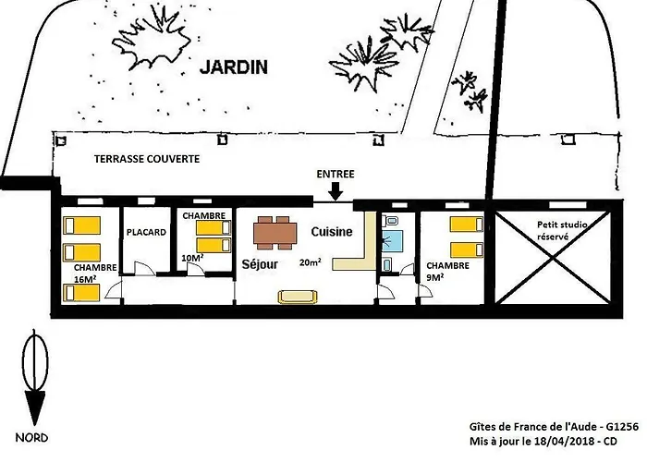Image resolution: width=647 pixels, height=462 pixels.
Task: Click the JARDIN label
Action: point(234,67)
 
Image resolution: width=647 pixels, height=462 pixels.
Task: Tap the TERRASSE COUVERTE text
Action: point(147,159)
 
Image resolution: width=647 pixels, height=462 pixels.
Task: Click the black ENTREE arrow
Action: point(336,190)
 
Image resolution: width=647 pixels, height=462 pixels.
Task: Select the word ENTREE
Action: point(336,174)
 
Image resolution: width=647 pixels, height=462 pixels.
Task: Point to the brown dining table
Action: point(275,233)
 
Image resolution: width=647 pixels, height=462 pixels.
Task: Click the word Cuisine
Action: point(332,232)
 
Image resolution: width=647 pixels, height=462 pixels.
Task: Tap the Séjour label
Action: point(260,264)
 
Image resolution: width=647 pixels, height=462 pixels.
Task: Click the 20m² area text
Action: point(311,261)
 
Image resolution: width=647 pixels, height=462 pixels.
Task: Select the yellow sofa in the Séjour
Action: point(298,297)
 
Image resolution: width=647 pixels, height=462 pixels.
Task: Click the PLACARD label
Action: point(146,232)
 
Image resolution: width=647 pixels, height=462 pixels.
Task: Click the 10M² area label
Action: point(192,258)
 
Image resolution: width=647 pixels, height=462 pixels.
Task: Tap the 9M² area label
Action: point(435,277)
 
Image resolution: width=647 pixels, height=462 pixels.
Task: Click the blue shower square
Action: point(390,241)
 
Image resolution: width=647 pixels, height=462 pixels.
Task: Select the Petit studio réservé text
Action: point(561,231)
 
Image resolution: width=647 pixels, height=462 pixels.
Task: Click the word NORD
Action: point(31,438)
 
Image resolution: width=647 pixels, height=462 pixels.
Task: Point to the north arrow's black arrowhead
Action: point(35,407)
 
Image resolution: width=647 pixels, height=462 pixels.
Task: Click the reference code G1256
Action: point(622,427)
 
